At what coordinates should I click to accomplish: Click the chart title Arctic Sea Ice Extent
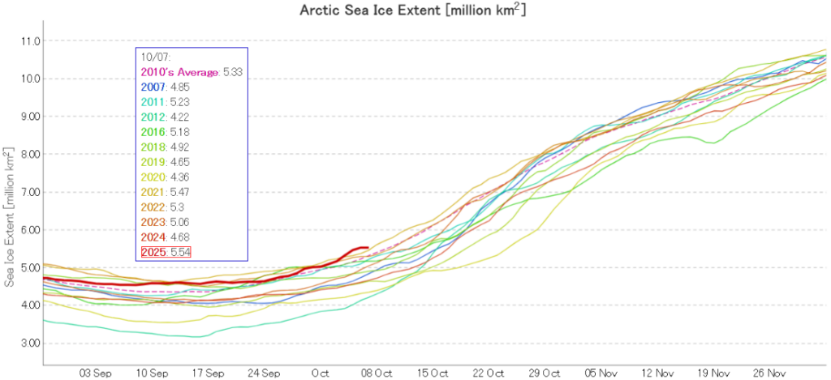click(415, 11)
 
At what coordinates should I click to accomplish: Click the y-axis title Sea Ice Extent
click(10, 216)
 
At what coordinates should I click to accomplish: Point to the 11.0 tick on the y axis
click(29, 41)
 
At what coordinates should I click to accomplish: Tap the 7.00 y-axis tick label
click(29, 192)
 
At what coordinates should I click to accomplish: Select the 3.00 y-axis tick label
click(29, 344)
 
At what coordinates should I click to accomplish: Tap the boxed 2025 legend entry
click(153, 253)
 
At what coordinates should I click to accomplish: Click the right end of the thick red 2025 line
click(368, 247)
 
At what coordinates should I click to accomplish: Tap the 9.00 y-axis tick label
click(29, 117)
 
